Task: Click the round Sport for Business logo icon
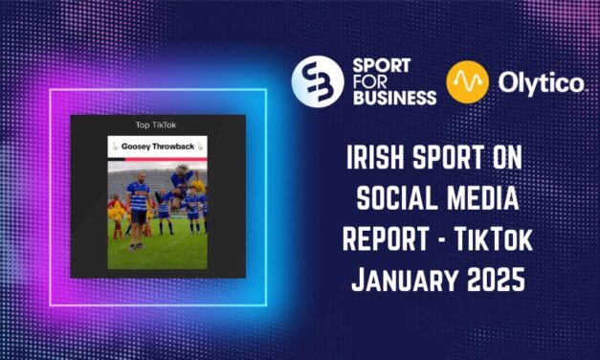tap(318, 81)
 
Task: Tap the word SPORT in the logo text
tap(381, 66)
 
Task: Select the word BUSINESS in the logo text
tap(394, 98)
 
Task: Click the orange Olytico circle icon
tap(467, 82)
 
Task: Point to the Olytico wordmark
tap(541, 82)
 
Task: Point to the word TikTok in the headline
tap(493, 239)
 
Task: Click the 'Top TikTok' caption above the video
tap(156, 124)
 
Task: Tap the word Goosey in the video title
tap(136, 146)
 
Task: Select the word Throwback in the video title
tap(173, 146)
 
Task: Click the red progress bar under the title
tap(167, 159)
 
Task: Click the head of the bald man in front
tap(142, 178)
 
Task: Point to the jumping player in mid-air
tap(177, 185)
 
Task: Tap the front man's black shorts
tap(138, 216)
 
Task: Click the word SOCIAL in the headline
tap(397, 198)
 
